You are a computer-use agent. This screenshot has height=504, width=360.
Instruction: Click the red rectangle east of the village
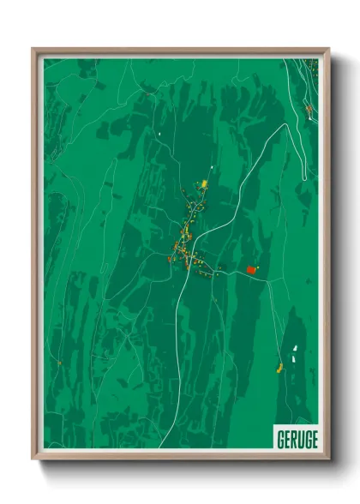click(251, 270)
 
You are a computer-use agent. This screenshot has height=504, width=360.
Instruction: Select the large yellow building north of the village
click(204, 183)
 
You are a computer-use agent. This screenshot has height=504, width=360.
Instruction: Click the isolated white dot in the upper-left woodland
click(159, 134)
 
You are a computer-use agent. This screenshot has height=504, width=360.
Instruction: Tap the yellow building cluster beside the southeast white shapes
click(280, 368)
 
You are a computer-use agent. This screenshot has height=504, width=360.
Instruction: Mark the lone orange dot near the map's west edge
click(59, 363)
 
